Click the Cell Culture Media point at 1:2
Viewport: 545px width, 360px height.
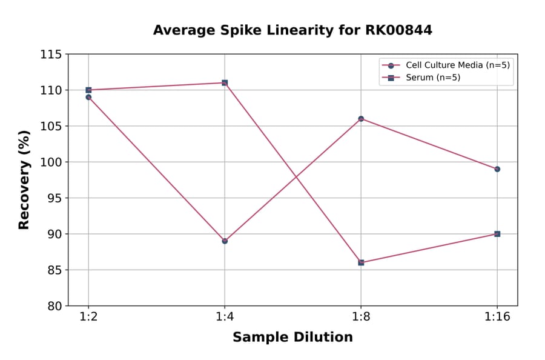(88, 97)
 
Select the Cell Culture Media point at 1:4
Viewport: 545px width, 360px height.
(225, 241)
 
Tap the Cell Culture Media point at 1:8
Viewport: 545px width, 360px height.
(361, 119)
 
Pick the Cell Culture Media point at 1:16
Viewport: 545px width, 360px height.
(497, 169)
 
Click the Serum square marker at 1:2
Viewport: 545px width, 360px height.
(88, 90)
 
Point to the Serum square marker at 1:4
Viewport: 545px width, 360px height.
(225, 82)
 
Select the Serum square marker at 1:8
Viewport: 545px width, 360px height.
(361, 262)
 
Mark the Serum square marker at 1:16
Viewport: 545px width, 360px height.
(497, 234)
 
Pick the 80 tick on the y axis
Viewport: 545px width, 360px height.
(54, 305)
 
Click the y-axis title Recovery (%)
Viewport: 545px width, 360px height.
(24, 180)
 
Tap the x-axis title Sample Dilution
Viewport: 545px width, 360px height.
(292, 338)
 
